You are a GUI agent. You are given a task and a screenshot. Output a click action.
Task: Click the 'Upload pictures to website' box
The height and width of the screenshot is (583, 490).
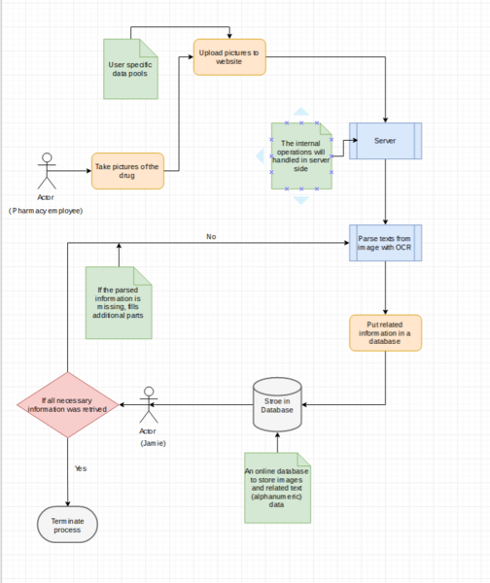coord(229,55)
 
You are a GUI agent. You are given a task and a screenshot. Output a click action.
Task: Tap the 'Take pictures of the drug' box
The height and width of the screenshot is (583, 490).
coord(127,168)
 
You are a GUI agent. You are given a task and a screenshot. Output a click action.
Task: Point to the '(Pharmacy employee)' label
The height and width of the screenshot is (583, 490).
coord(46,210)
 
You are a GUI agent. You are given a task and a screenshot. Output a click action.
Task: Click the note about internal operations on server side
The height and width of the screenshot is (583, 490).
coord(300,155)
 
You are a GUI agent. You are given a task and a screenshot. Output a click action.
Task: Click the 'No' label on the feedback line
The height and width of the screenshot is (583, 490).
coord(211,236)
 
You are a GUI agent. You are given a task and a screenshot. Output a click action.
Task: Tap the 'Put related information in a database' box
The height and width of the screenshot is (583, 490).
coord(386,332)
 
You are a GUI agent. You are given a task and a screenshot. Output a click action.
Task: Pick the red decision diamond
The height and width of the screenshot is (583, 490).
coord(67,404)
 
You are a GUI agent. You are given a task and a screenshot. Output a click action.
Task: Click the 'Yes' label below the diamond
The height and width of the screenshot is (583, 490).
coord(81,468)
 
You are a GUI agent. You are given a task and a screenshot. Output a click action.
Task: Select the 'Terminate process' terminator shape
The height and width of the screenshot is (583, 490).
coord(67,526)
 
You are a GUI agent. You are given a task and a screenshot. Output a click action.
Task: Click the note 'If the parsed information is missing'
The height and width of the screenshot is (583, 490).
coord(119,303)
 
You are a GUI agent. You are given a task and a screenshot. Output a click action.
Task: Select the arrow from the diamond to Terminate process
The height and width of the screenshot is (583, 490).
coord(67,471)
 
